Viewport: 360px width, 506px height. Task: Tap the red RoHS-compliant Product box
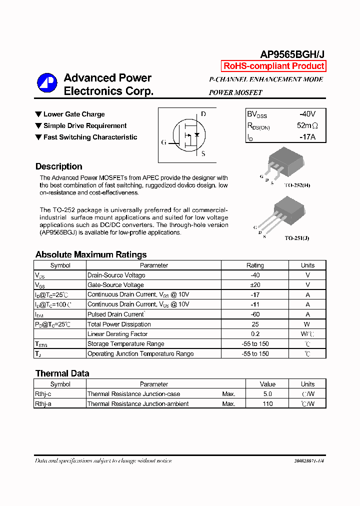click(x=273, y=66)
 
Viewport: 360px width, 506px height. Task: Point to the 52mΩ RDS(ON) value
click(x=307, y=125)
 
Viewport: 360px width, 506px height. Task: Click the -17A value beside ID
click(x=306, y=136)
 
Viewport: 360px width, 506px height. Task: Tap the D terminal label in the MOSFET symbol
click(x=203, y=114)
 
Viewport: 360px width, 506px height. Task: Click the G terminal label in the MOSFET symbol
click(x=163, y=142)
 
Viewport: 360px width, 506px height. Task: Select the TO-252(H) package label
click(x=297, y=185)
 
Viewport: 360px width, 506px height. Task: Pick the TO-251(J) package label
click(x=297, y=238)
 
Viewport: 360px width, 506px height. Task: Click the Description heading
click(x=59, y=166)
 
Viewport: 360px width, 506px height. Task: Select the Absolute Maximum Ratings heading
click(x=91, y=254)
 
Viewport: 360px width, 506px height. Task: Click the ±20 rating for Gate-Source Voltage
click(x=255, y=285)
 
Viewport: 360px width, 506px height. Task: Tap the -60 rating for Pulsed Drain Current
click(x=255, y=314)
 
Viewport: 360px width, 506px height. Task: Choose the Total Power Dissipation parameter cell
click(x=119, y=324)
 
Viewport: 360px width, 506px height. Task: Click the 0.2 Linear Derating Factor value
click(x=255, y=334)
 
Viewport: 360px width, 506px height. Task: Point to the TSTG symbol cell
click(x=41, y=344)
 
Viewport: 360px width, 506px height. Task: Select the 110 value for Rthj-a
click(x=267, y=404)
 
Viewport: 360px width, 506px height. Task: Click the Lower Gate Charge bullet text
click(x=74, y=114)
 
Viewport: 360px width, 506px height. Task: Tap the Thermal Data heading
click(x=62, y=373)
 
